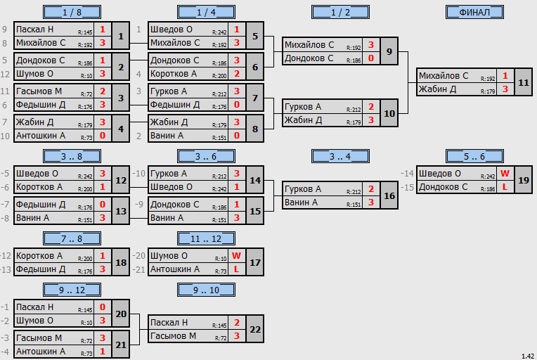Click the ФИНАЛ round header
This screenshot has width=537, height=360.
[x=474, y=13]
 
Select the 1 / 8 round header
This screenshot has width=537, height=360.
[x=72, y=13]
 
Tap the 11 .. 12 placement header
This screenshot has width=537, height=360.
[x=206, y=238]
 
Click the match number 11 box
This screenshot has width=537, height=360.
[x=524, y=82]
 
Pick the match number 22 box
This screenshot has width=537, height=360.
[x=255, y=329]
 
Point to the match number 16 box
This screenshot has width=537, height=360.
[x=389, y=195]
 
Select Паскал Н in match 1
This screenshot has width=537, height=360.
[x=34, y=30]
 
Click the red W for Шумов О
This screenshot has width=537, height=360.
[x=236, y=256]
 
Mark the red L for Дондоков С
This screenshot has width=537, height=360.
[x=505, y=187]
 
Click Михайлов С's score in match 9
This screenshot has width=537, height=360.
[x=371, y=45]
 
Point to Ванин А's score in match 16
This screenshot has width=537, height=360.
[x=371, y=202]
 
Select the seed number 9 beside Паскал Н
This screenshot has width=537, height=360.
[x=5, y=30]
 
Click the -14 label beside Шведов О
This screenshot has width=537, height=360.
[x=407, y=174]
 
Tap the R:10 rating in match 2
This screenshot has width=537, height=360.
[x=86, y=76]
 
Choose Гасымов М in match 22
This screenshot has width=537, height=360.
[x=173, y=336]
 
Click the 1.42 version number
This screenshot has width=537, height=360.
[x=528, y=356]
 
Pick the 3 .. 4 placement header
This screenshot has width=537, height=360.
[x=340, y=156]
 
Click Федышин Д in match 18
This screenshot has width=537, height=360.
[x=40, y=269]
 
